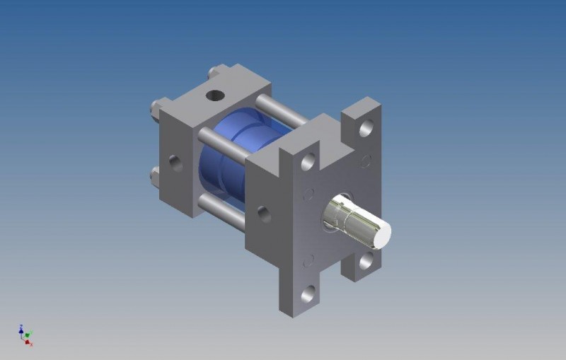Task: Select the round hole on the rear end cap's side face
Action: click(x=175, y=164)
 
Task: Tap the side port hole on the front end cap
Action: click(x=264, y=214)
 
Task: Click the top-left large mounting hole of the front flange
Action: click(x=308, y=162)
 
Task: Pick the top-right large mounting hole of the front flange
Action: click(x=366, y=128)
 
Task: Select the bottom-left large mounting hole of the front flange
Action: click(x=308, y=294)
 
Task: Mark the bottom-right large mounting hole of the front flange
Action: click(x=366, y=261)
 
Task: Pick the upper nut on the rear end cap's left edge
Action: click(x=155, y=108)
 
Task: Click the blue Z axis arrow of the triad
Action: click(x=23, y=328)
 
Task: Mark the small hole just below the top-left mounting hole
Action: click(x=308, y=193)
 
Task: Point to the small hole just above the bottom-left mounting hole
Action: click(x=308, y=261)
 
